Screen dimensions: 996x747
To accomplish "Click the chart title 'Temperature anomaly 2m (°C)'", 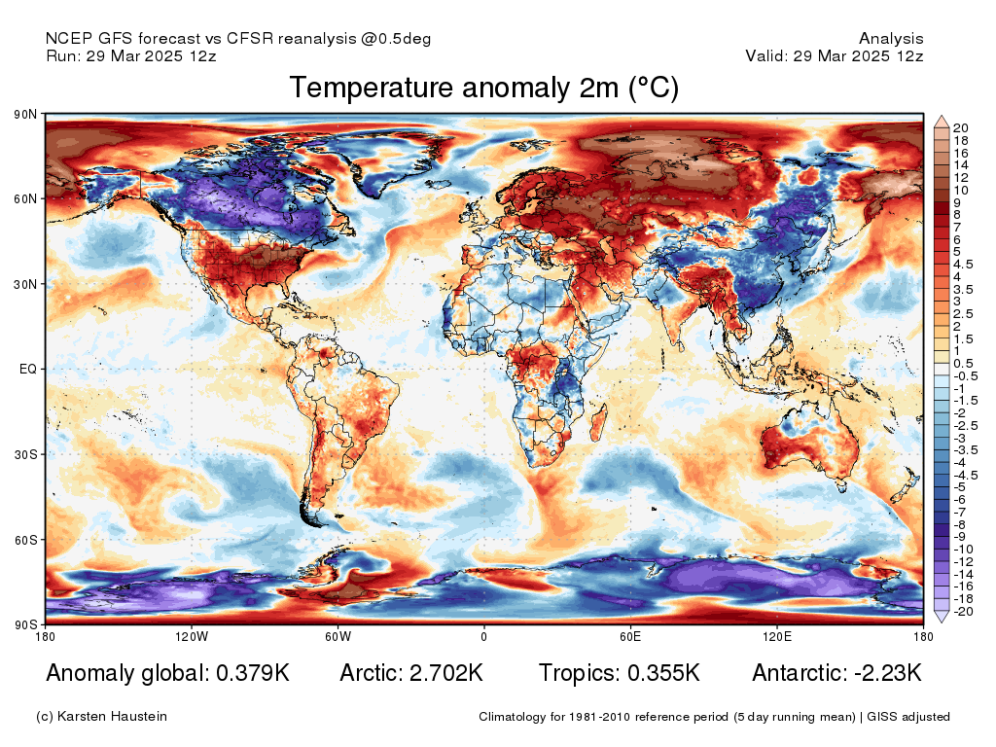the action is click(484, 88).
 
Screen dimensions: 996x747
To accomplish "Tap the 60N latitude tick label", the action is click(25, 198).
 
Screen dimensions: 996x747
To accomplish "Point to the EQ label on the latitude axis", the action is click(28, 369).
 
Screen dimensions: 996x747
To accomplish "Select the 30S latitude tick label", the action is click(25, 455).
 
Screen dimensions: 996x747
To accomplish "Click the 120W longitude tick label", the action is click(192, 636).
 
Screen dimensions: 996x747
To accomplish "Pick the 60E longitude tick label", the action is click(630, 636).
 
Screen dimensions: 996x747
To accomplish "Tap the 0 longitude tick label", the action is click(484, 636).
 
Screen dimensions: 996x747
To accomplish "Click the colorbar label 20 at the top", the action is click(960, 127).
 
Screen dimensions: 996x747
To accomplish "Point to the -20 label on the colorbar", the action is click(963, 612).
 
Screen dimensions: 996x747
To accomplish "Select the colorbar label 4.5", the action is click(962, 265).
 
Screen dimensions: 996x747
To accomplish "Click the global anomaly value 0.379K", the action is click(253, 673).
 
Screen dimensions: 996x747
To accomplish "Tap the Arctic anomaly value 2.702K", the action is click(446, 673).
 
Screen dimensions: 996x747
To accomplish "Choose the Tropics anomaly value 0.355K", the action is click(663, 673).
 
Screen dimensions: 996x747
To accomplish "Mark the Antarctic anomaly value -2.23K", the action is click(888, 673).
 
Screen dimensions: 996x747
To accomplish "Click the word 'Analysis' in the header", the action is click(891, 39).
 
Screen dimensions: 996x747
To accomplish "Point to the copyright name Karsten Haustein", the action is click(112, 717).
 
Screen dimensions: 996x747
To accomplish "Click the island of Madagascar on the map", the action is click(598, 423).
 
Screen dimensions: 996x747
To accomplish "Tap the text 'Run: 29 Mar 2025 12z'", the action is click(131, 55).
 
